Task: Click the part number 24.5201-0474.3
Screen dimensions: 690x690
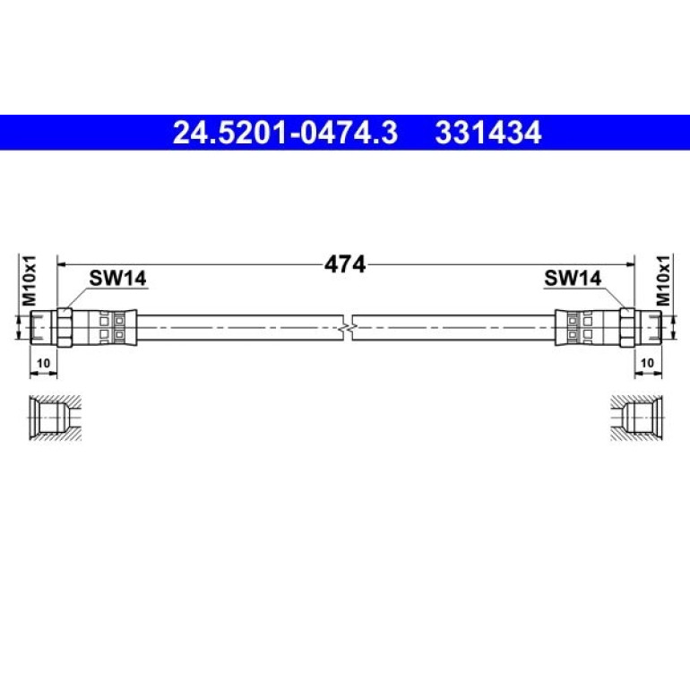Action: click(x=285, y=133)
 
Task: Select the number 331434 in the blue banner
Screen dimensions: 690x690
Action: click(x=488, y=133)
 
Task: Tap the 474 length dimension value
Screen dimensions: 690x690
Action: click(x=345, y=265)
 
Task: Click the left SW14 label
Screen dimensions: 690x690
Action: click(x=117, y=278)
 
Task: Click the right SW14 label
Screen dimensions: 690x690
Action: click(x=573, y=278)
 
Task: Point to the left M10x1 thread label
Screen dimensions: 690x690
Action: click(x=30, y=280)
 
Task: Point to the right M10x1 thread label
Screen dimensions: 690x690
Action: click(x=663, y=280)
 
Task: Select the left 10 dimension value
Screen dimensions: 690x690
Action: click(x=43, y=363)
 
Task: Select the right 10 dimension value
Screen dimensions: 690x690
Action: click(x=647, y=363)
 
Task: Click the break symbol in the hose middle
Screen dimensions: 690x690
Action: click(x=348, y=328)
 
